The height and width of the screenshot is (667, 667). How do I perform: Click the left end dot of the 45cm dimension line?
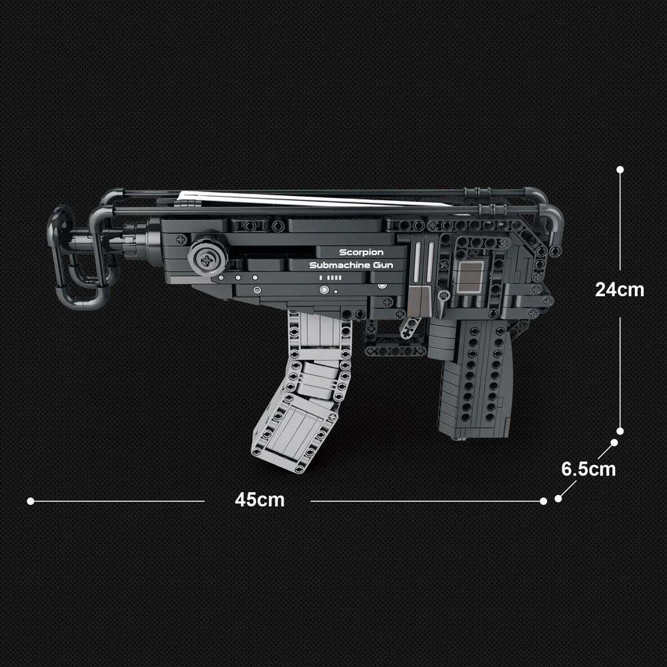point(31,501)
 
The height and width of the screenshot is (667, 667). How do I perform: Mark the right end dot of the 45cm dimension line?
point(543,501)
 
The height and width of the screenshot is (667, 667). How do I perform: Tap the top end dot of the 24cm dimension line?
point(620,169)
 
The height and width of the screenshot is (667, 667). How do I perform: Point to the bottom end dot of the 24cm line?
point(620,431)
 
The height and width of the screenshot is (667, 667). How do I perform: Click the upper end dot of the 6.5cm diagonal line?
point(614,443)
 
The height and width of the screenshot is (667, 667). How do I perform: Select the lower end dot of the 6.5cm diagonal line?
point(558,498)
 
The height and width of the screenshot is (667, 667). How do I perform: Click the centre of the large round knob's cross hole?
point(207,260)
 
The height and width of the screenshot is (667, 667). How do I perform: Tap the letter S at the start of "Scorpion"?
point(343,252)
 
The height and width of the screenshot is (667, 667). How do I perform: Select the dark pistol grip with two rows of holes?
point(474,379)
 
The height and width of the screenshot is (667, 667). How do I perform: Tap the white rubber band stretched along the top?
point(315,198)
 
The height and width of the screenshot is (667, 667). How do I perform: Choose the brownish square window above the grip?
point(470,277)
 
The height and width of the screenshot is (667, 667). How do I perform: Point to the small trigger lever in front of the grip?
point(410,327)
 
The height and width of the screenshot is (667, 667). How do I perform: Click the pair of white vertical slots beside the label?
point(424,262)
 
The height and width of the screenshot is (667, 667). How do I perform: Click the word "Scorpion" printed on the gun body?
point(361,253)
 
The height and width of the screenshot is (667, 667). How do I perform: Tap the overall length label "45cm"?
point(259,500)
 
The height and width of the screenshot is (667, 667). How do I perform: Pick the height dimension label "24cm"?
point(620,289)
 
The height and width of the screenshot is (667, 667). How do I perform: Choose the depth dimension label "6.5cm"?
point(588,469)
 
